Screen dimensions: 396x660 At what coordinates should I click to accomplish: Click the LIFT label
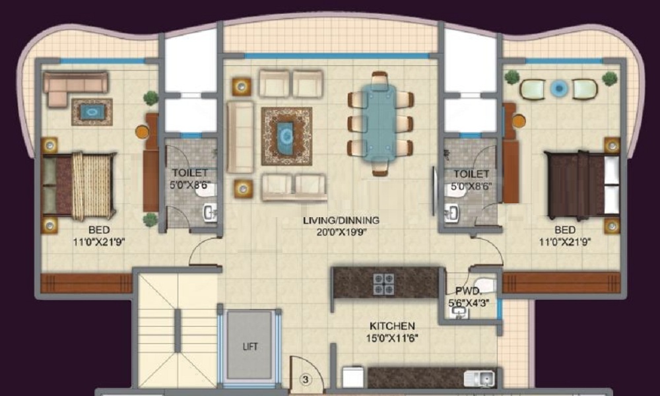coord(250,346)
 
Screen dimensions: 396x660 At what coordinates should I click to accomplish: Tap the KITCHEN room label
coord(392,326)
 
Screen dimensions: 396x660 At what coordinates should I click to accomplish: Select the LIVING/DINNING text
coord(341,220)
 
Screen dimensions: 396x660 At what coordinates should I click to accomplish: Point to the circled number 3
coord(306,379)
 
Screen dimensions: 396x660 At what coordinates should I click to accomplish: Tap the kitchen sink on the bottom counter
coord(479,379)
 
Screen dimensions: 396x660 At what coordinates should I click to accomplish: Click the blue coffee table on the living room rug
coord(286,135)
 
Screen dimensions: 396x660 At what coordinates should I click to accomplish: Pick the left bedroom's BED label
coord(100,230)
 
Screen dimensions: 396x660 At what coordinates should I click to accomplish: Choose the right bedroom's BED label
coord(565,230)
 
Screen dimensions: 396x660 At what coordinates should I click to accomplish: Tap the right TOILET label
coord(471,174)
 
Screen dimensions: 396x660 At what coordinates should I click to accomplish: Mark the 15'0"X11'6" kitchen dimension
coord(392,338)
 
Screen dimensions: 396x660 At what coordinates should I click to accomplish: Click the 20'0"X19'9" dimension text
coord(341,232)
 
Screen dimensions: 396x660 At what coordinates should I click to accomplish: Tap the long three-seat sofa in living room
coord(240,137)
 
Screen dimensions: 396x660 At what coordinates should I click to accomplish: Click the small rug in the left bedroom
coord(92,112)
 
